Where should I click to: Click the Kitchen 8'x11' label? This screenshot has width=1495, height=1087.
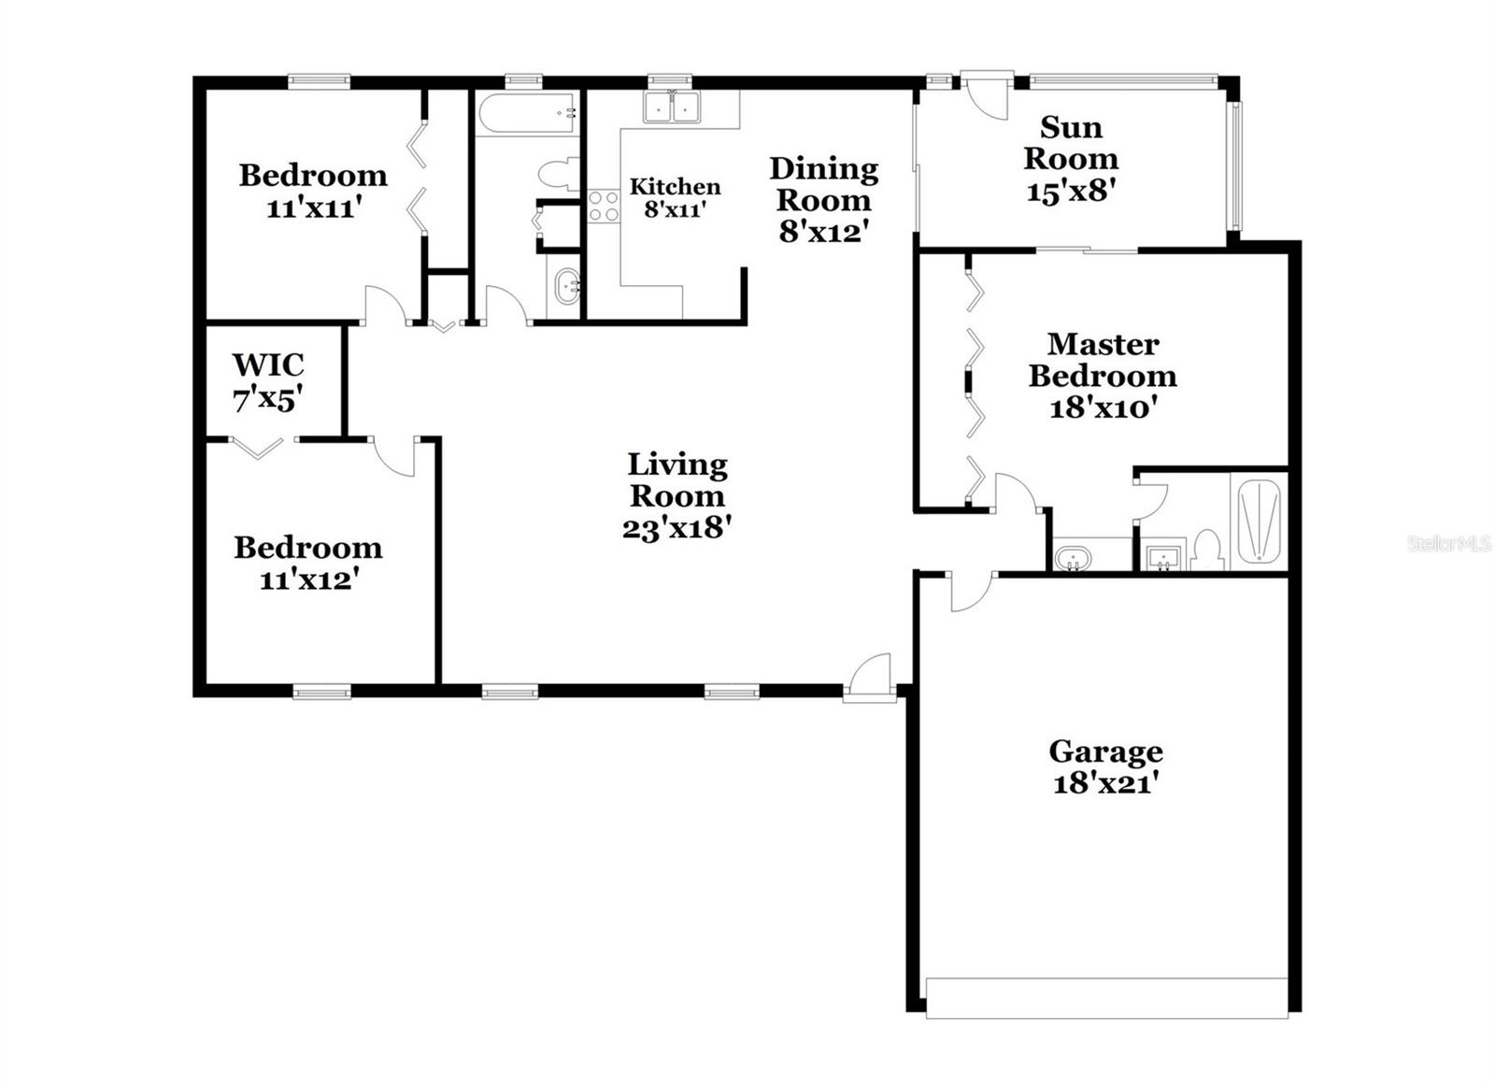(675, 197)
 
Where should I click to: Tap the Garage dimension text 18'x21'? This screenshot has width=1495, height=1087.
(1106, 782)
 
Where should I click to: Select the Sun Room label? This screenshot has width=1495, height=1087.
(1071, 142)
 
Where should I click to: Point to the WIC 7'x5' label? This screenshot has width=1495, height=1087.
(268, 381)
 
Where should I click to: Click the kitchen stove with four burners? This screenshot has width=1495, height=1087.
(604, 206)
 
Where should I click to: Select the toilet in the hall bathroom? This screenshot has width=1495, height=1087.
(557, 175)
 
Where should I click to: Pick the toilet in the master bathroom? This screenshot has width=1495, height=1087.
(1207, 551)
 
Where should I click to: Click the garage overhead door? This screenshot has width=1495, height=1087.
(1106, 998)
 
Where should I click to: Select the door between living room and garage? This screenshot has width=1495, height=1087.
(970, 592)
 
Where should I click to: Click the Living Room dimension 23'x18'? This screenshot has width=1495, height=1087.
(676, 528)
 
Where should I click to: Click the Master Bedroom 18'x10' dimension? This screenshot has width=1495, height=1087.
(1103, 408)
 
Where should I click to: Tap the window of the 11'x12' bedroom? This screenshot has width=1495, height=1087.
(321, 693)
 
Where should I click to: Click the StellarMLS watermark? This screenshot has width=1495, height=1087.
(1448, 543)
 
